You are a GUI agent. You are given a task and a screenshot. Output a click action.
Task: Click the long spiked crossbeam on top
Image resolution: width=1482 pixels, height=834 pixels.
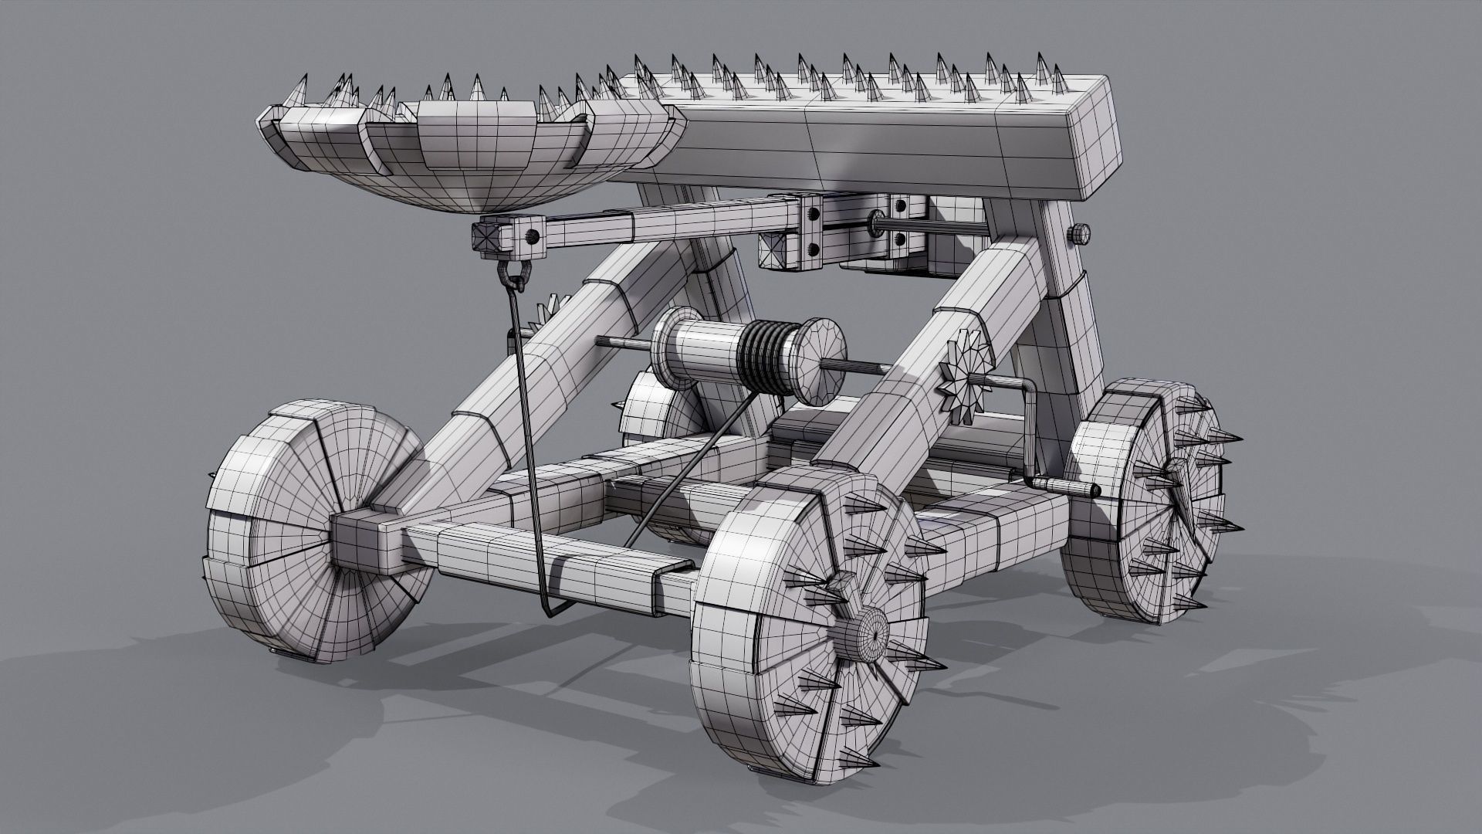coord(888,131)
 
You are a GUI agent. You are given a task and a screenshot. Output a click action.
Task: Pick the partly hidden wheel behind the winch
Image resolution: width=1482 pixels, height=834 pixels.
coord(656,417)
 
